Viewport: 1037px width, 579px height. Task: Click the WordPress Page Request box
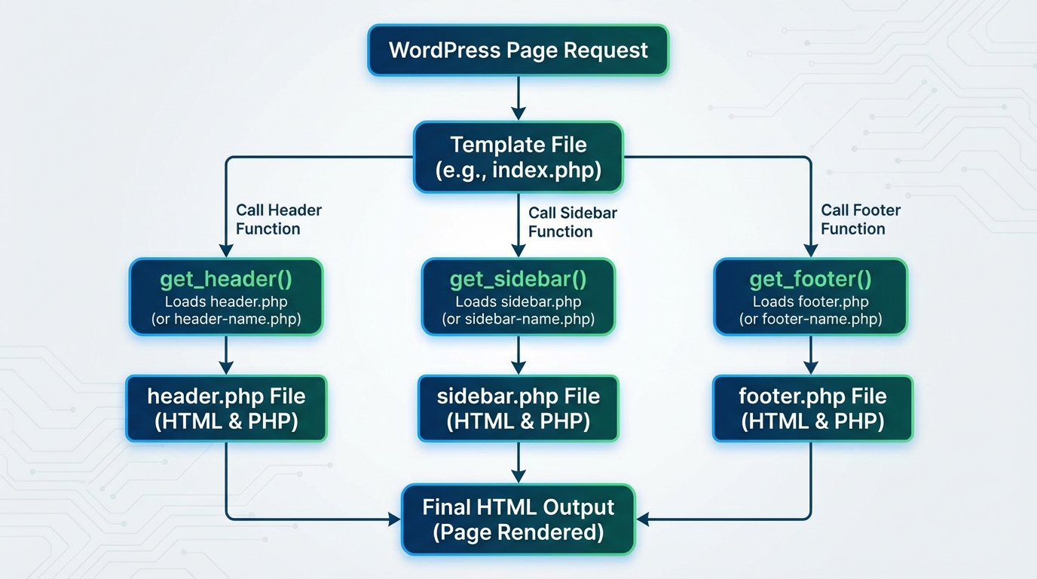click(x=518, y=51)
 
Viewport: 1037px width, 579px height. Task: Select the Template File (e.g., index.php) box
click(x=518, y=157)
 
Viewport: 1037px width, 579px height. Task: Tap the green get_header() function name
click(x=226, y=280)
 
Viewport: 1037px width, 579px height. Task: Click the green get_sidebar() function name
click(x=518, y=280)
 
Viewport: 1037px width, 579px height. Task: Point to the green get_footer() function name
click(x=810, y=280)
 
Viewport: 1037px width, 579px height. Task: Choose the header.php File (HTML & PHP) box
click(x=226, y=408)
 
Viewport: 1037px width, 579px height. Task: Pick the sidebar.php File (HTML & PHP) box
click(x=518, y=408)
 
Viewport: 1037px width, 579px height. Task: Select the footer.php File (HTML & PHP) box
click(x=812, y=408)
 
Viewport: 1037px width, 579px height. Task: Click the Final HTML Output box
click(x=518, y=519)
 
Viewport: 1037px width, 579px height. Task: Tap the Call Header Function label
click(x=278, y=219)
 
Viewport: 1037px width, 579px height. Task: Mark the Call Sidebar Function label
click(x=572, y=222)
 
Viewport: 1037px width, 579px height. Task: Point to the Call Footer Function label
click(x=860, y=219)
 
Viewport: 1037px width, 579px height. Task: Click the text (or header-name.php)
click(x=226, y=319)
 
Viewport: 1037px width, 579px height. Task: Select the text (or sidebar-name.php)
click(x=518, y=319)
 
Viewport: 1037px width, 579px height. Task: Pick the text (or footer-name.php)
click(x=810, y=319)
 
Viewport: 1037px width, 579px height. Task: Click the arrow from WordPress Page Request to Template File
click(x=518, y=98)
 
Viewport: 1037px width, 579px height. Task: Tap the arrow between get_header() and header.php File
click(x=226, y=354)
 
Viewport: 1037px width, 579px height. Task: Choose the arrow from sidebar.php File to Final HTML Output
click(x=518, y=462)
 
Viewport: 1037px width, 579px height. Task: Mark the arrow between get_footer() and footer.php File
click(x=810, y=354)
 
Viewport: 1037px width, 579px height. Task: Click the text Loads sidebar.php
click(x=518, y=302)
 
